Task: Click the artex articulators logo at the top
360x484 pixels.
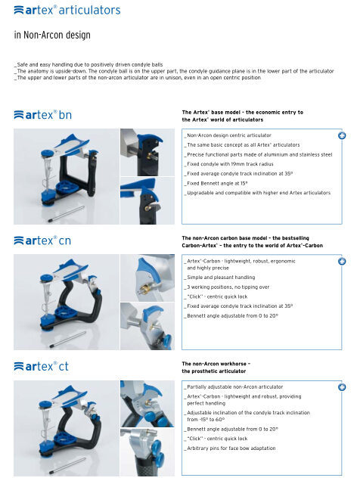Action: point(67,10)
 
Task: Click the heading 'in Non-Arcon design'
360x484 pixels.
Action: point(52,35)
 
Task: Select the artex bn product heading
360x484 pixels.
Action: point(42,115)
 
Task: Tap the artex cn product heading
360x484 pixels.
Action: point(42,240)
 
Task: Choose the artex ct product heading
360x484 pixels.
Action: point(41,366)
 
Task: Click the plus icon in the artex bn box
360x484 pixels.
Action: point(342,135)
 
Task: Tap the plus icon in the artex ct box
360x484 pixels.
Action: point(342,387)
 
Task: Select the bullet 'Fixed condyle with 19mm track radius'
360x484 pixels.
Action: point(229,164)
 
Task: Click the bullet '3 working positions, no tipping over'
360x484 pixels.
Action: point(227,287)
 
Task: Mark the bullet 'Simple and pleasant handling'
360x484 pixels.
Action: point(220,278)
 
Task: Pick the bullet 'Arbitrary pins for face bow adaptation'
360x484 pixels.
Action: point(230,448)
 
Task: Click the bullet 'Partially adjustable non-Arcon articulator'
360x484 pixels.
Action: point(234,386)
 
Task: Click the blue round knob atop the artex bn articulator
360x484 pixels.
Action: point(47,153)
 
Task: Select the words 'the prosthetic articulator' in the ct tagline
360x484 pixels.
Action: point(213,371)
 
